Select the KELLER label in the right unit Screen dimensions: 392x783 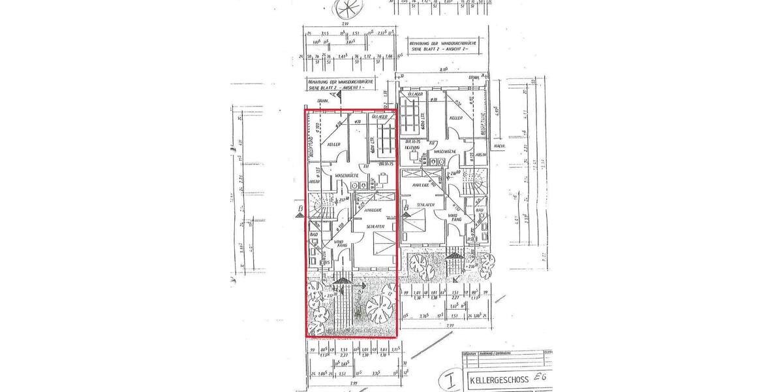[455, 118]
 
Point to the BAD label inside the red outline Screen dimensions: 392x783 [313, 233]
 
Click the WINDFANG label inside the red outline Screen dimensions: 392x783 [339, 244]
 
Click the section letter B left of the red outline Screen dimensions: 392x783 [299, 210]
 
